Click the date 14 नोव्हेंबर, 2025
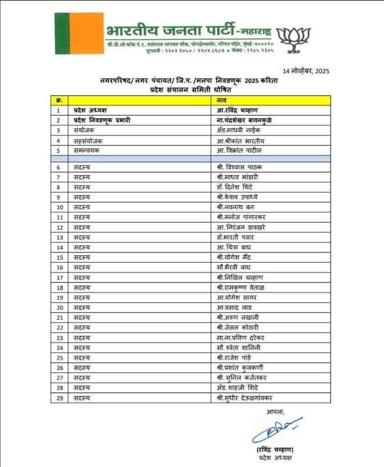pos(306,71)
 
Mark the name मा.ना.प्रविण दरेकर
pos(241,337)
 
